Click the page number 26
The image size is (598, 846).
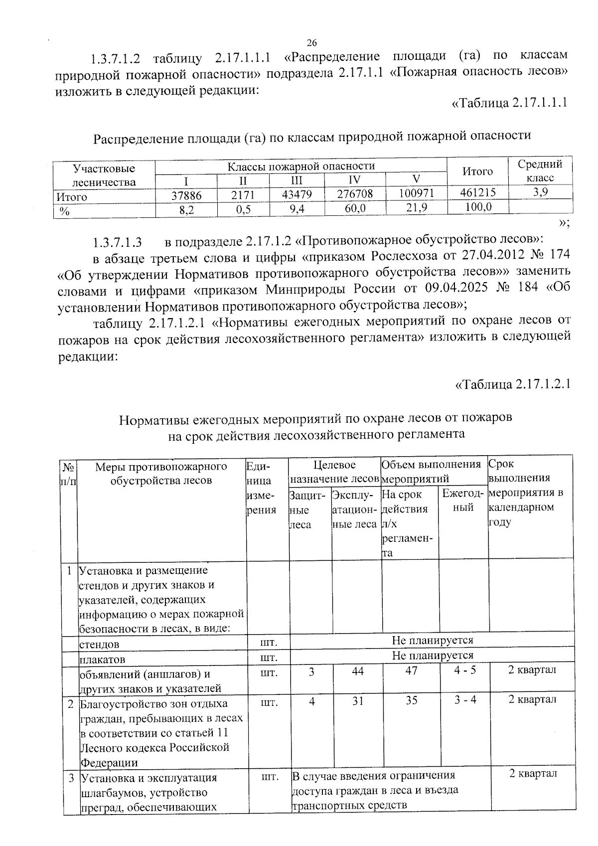point(312,42)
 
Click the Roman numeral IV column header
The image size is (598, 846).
point(355,180)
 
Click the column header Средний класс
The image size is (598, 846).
point(540,170)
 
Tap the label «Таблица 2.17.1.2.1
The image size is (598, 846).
point(513,384)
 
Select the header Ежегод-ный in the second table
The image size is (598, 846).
point(463,501)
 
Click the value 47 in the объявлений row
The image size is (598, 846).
point(411,671)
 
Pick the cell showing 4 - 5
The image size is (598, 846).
point(464,670)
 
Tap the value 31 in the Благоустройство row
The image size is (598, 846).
point(357,700)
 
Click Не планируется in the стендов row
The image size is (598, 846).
point(432,640)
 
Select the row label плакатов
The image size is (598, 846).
point(103,659)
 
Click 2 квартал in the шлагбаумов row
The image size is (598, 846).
point(532,774)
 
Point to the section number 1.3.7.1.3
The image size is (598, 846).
point(118,243)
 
